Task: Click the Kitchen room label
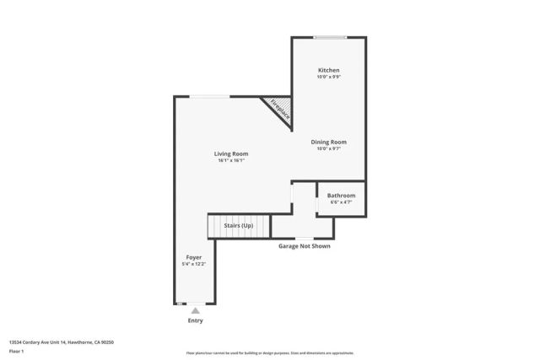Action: click(329, 69)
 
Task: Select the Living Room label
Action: click(230, 153)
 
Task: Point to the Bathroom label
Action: click(341, 196)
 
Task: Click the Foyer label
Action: click(194, 256)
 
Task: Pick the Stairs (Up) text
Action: click(237, 226)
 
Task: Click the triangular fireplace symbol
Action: click(279, 107)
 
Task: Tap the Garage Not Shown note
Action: click(305, 246)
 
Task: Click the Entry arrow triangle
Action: click(195, 311)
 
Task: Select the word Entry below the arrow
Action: click(195, 320)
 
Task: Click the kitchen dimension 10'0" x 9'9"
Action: click(329, 77)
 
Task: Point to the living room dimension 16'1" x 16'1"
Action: click(230, 161)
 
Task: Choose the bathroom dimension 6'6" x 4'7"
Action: click(341, 202)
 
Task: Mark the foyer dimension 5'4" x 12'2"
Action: click(194, 264)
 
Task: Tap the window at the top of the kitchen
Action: click(331, 37)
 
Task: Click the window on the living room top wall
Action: click(208, 97)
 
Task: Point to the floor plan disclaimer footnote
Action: click(270, 353)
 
